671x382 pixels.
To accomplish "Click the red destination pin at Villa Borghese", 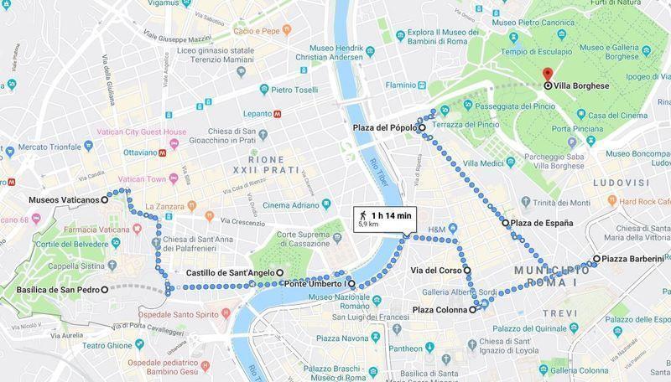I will (547, 75).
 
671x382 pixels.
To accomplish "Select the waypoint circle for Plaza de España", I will (506, 224).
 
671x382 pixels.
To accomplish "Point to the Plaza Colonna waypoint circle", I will (472, 309).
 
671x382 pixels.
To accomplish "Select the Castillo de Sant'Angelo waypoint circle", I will (279, 273).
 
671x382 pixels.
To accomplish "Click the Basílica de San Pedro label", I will (57, 290).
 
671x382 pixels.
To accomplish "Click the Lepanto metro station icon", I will (277, 111).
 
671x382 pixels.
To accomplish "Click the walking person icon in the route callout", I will (362, 214).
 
